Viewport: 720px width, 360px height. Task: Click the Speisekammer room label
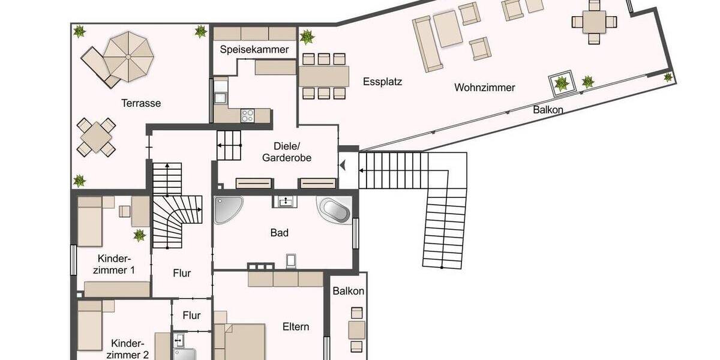point(254,49)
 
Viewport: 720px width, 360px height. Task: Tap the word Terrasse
point(140,103)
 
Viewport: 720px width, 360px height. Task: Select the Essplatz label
point(382,82)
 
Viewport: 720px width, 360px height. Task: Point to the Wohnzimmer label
point(484,88)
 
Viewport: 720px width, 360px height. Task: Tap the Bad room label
point(279,233)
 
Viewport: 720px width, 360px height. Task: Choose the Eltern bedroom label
point(296,326)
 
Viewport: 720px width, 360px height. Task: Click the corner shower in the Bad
point(226,210)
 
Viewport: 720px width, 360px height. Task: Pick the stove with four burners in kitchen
point(248,115)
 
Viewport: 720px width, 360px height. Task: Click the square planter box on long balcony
point(562,84)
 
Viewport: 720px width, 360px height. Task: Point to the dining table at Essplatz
point(324,76)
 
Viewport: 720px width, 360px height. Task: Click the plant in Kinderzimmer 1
point(139,235)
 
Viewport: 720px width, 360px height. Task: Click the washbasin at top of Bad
point(284,201)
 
